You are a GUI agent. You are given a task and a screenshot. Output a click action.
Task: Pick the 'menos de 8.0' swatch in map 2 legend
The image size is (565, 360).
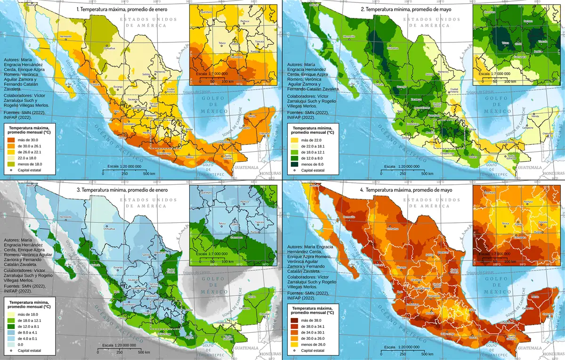(x=295, y=164)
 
